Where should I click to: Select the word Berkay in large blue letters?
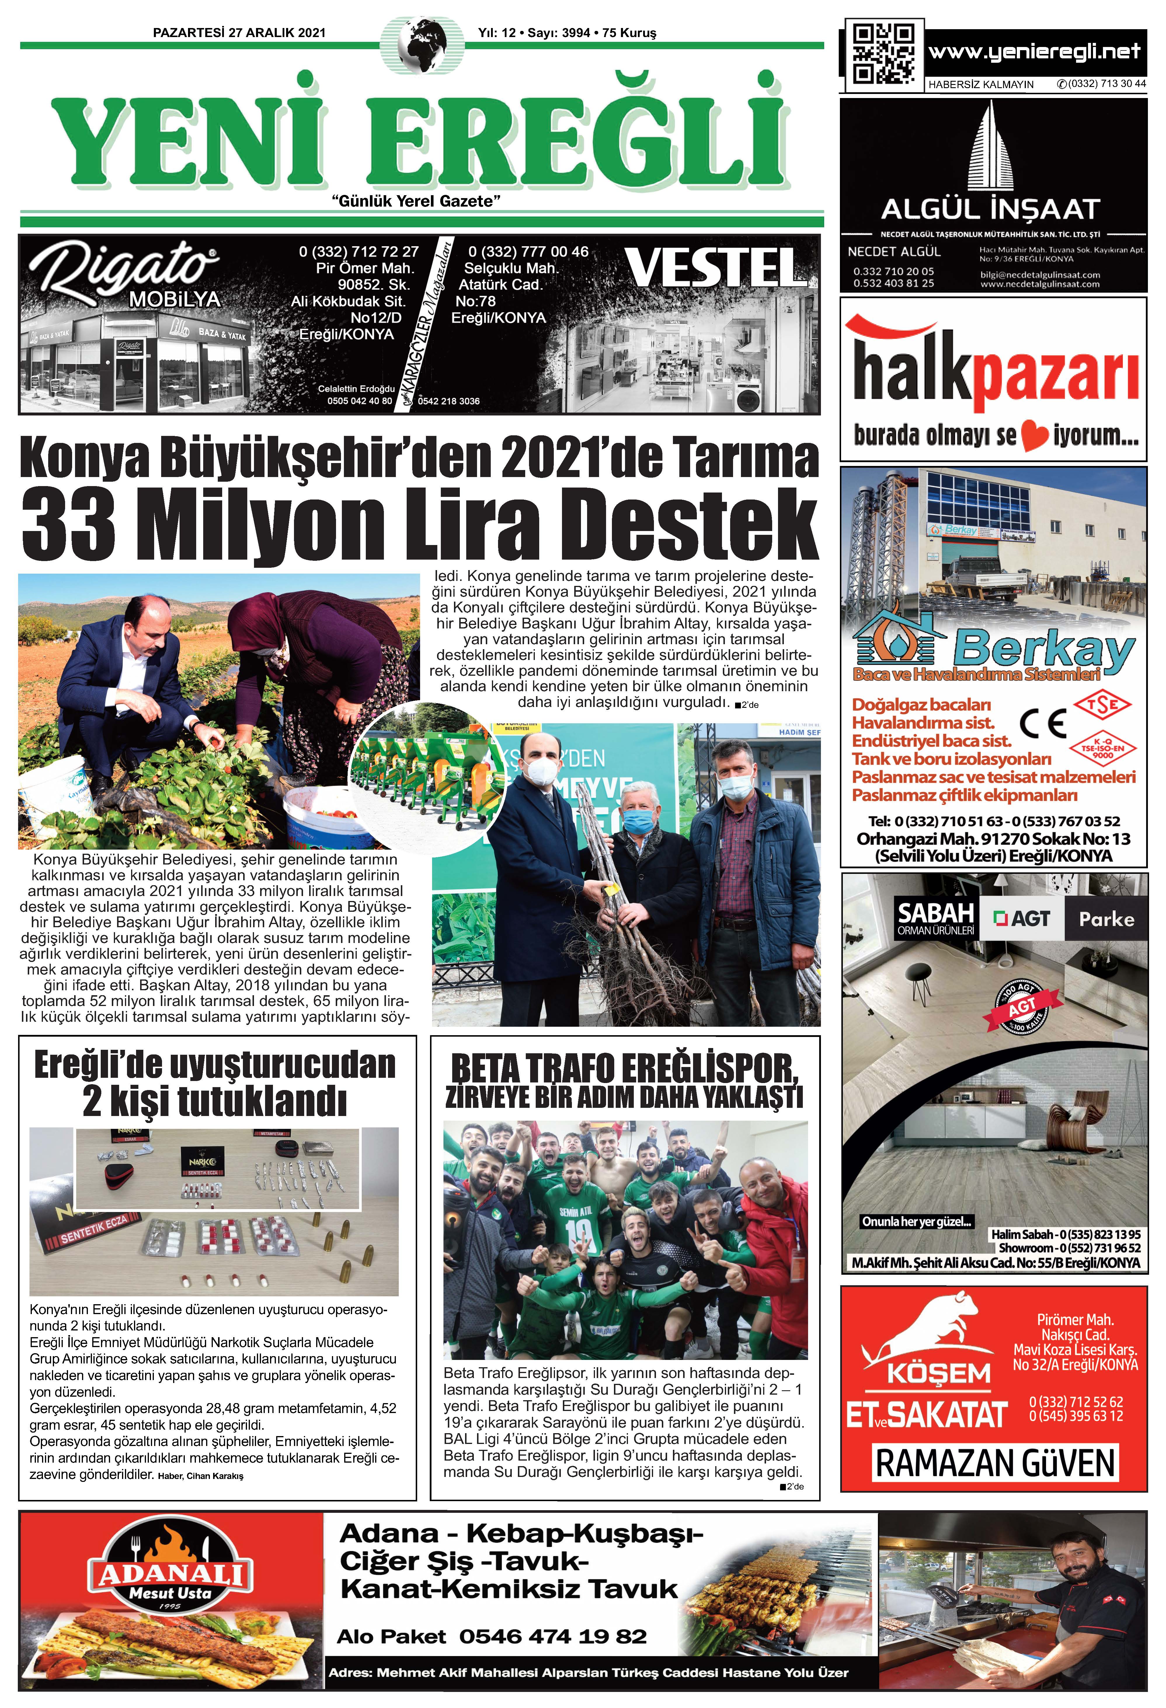pyautogui.click(x=1044, y=649)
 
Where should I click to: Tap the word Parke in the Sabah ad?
pyautogui.click(x=1106, y=919)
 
